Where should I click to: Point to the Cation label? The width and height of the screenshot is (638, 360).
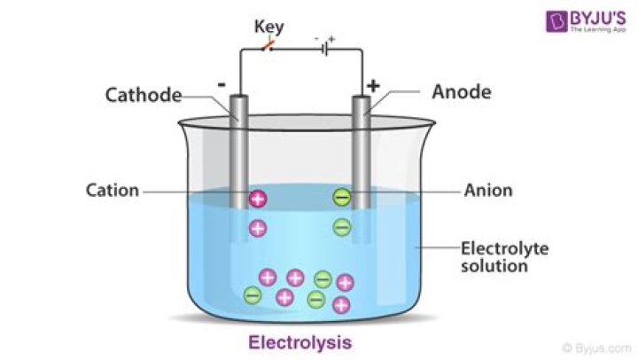(113, 190)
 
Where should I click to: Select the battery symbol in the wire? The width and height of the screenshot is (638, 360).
(325, 49)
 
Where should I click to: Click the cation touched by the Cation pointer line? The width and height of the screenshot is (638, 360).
(258, 198)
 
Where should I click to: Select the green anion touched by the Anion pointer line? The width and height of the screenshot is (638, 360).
(342, 198)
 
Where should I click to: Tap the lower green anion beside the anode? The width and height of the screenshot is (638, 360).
(342, 227)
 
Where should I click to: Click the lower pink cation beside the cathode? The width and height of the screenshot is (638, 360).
(258, 228)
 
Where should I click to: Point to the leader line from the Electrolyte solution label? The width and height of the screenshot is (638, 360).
(435, 248)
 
